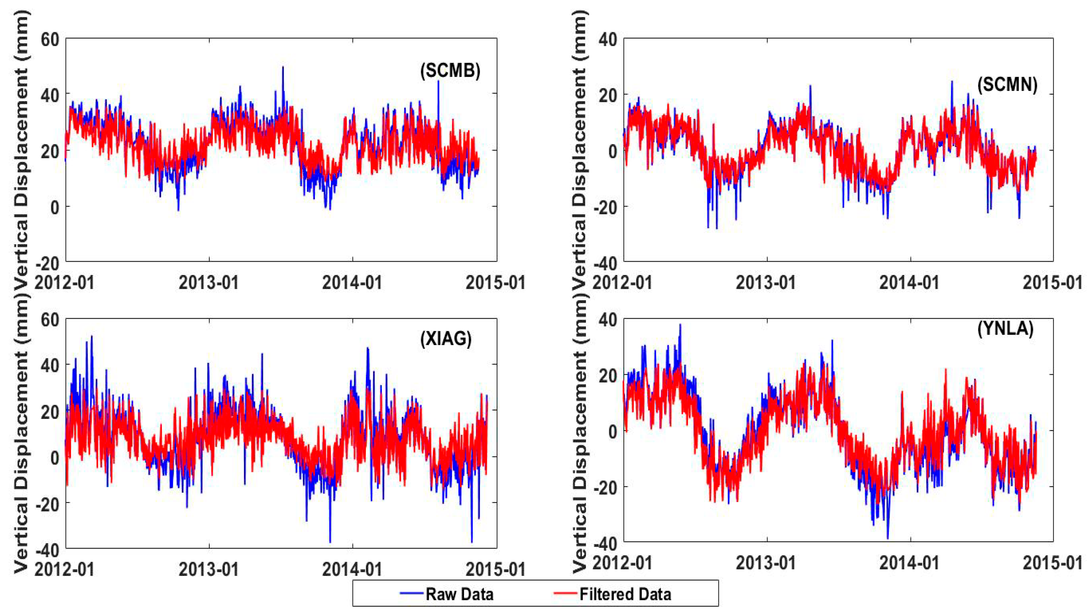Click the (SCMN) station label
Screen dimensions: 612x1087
click(x=1006, y=85)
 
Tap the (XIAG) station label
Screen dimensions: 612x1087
click(x=446, y=338)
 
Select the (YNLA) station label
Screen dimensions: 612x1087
click(x=1006, y=328)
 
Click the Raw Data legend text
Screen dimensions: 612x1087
click(x=459, y=594)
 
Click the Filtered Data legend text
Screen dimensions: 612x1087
click(x=625, y=594)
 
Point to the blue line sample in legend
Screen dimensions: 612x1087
click(x=411, y=593)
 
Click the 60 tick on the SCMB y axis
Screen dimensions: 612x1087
click(x=50, y=40)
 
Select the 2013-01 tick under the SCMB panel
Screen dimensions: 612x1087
click(x=209, y=282)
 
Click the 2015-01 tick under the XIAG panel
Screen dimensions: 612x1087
click(x=496, y=569)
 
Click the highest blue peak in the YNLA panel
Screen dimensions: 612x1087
click(x=680, y=325)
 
